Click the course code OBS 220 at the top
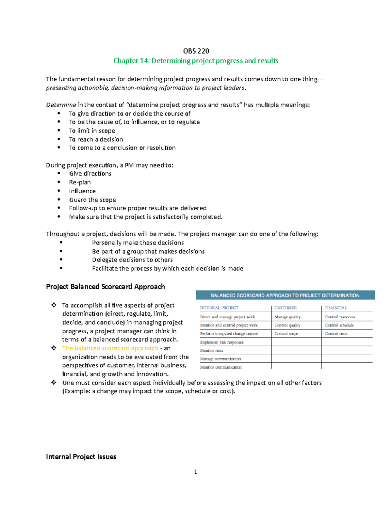pyautogui.click(x=196, y=51)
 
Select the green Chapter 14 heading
pyautogui.click(x=196, y=61)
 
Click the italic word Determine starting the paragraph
pyautogui.click(x=61, y=105)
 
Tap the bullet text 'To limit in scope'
pyautogui.click(x=92, y=131)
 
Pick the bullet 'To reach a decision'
pyautogui.click(x=96, y=139)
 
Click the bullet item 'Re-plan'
pyautogui.click(x=80, y=182)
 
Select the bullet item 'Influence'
pyautogui.click(x=82, y=191)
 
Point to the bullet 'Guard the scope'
pyautogui.click(x=92, y=200)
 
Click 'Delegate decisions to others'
pyautogui.click(x=132, y=260)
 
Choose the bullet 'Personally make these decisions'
pyautogui.click(x=138, y=243)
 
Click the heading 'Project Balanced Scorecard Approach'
pyautogui.click(x=105, y=287)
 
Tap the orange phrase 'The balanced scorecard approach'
pyautogui.click(x=110, y=348)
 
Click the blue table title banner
pyautogui.click(x=285, y=295)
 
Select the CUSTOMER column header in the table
pyautogui.click(x=286, y=308)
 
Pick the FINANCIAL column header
pyautogui.click(x=335, y=308)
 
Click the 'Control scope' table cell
pyautogui.click(x=286, y=334)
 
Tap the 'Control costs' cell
pyautogui.click(x=336, y=334)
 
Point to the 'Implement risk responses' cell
pyautogui.click(x=222, y=342)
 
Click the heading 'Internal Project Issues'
pyautogui.click(x=81, y=457)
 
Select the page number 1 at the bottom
pyautogui.click(x=195, y=472)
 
